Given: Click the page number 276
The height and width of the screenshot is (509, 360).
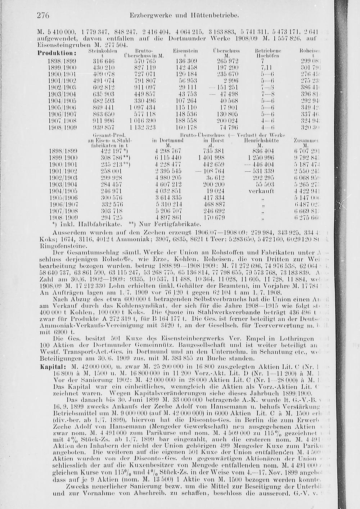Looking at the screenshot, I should (x=42, y=16).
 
